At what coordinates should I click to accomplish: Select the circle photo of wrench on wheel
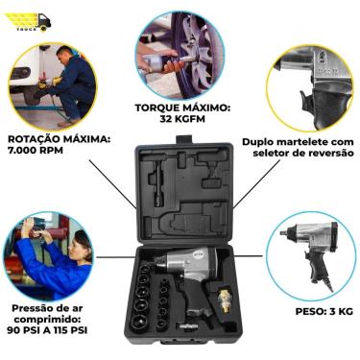pyautogui.click(x=180, y=52)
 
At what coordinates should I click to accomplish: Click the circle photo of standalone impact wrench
pyautogui.click(x=304, y=254)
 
